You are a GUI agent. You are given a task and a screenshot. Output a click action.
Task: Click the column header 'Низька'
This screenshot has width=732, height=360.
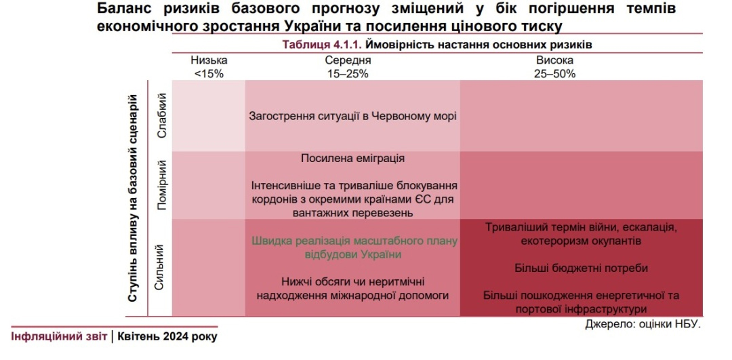click(x=209, y=60)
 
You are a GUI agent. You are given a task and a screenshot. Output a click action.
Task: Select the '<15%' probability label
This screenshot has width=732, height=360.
click(x=209, y=73)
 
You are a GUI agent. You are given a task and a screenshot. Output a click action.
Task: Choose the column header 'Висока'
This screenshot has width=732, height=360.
click(x=554, y=60)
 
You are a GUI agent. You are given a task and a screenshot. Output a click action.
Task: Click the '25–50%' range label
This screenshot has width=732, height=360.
click(x=554, y=73)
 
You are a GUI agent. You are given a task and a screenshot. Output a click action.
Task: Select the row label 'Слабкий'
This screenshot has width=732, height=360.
click(x=162, y=117)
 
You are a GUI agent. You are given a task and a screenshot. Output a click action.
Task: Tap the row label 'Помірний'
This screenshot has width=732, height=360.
click(x=162, y=184)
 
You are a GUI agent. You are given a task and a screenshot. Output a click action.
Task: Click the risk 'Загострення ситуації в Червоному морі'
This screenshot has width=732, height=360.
click(x=352, y=116)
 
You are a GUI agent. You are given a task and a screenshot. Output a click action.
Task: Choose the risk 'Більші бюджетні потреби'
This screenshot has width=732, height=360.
click(x=582, y=268)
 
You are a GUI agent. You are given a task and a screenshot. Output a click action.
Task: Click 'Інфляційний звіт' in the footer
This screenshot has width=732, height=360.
click(x=58, y=336)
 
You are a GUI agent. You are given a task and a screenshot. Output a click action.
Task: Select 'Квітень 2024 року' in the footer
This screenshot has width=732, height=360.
click(x=167, y=336)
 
